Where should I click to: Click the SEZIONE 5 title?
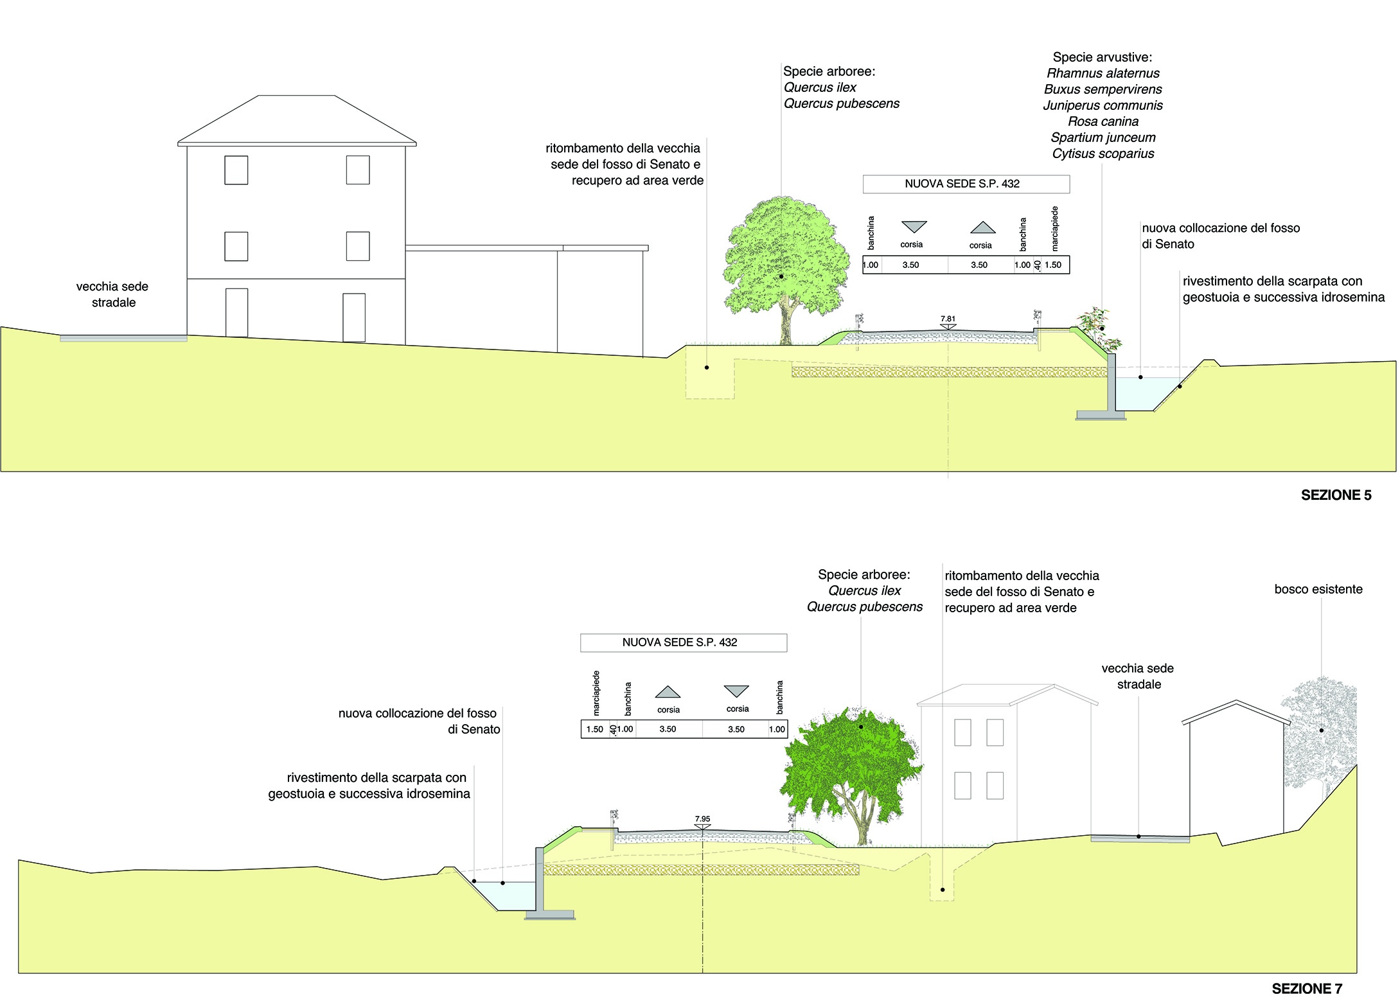click(x=1336, y=495)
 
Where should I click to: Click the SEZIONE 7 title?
click(x=1307, y=989)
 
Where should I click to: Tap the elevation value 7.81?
click(x=948, y=319)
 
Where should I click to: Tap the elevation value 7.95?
click(x=702, y=819)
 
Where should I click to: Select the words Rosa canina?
click(x=1103, y=121)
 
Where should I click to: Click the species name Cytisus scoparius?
click(x=1103, y=154)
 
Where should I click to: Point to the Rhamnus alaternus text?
click(x=1103, y=73)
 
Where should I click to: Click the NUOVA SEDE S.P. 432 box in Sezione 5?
click(x=966, y=184)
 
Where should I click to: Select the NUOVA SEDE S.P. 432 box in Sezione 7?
click(x=684, y=642)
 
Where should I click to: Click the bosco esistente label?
click(x=1318, y=589)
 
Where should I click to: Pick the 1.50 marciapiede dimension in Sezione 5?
click(x=1053, y=265)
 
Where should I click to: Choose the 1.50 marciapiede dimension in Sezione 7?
click(x=594, y=729)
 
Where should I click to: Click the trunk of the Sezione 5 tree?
click(x=785, y=321)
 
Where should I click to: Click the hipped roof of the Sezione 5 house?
click(x=297, y=120)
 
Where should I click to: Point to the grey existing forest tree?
click(x=1319, y=739)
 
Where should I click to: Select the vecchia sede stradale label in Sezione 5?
click(x=112, y=294)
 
